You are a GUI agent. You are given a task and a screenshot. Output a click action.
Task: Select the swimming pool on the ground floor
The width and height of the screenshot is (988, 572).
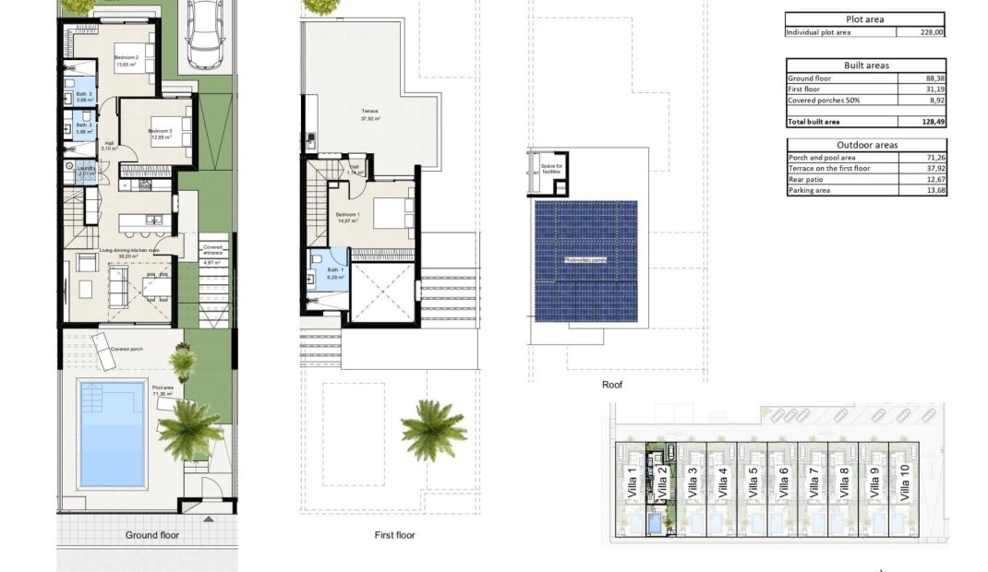[x=113, y=434]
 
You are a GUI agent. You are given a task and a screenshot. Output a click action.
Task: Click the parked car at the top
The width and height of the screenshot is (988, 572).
[x=203, y=35]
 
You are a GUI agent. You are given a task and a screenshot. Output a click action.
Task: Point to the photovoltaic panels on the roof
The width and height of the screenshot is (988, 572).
[x=585, y=261]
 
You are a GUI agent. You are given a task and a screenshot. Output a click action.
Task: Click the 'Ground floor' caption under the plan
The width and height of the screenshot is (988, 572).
[x=152, y=535]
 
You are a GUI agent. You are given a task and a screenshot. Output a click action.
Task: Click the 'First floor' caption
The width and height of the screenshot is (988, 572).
[x=394, y=535]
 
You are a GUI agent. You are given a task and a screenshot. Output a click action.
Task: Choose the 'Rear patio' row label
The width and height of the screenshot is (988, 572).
[x=805, y=179]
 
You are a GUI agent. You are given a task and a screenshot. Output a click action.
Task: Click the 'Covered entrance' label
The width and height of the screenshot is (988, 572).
[x=213, y=250]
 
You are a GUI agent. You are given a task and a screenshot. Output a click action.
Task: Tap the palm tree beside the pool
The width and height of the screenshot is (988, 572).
[x=190, y=426]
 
